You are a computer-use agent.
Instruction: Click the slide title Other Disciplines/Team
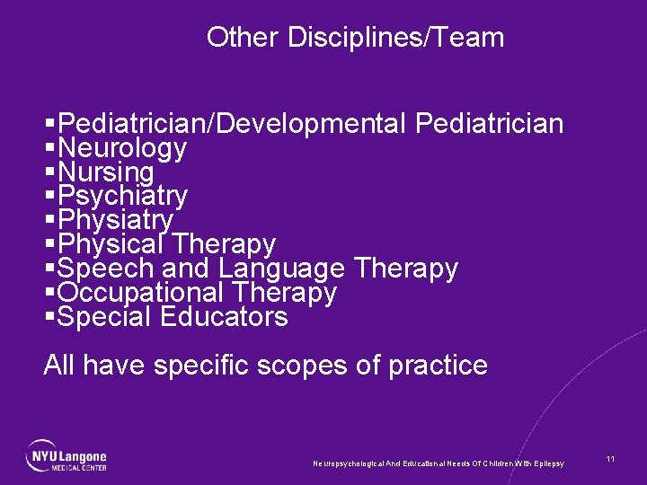point(355,38)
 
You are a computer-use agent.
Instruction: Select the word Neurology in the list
point(122,148)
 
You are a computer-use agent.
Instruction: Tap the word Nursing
point(106,172)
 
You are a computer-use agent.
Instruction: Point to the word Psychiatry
point(122,196)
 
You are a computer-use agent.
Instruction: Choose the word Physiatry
point(114,220)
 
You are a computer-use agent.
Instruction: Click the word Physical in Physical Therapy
point(110,244)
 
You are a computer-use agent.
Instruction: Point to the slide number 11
point(610,459)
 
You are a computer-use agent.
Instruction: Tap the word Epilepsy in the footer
point(547,463)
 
